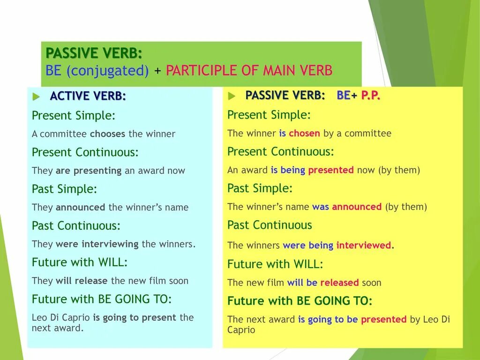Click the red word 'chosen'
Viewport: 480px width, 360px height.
(304, 133)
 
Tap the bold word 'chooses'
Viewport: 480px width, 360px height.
(107, 134)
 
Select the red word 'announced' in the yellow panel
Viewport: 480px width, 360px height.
(357, 207)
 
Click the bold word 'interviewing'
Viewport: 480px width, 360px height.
(110, 244)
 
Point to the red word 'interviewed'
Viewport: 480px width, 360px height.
(364, 245)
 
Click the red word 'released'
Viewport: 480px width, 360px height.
(339, 283)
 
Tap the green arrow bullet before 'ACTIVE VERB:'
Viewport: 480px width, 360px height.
(36, 97)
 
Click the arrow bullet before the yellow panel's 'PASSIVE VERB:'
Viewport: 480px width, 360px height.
(232, 96)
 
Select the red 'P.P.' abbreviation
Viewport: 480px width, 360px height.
(371, 95)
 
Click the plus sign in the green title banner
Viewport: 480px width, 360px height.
(157, 71)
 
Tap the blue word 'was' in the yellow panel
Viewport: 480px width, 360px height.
(321, 207)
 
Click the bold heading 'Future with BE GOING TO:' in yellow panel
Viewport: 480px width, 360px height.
(300, 301)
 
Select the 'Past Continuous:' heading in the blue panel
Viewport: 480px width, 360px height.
(76, 225)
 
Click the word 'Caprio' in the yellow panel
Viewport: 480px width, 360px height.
(241, 330)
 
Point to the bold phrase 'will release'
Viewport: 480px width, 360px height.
(82, 281)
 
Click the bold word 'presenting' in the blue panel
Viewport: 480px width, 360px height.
(97, 171)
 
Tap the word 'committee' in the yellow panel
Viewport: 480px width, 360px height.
(368, 133)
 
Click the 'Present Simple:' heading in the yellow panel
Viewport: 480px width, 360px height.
(269, 115)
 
